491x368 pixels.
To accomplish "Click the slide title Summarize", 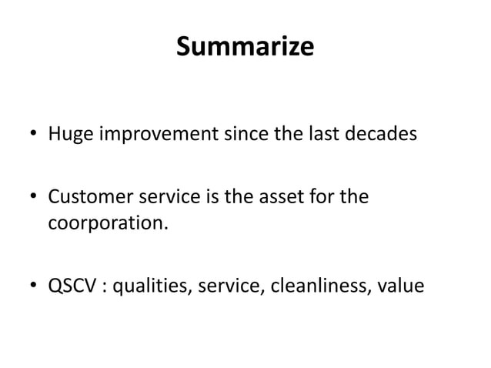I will click(245, 47).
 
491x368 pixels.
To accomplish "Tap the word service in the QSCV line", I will click(225, 286).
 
